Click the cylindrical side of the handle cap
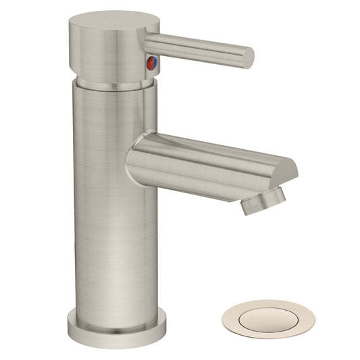click(108, 54)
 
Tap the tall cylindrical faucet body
click(111, 203)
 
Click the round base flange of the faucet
click(116, 328)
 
